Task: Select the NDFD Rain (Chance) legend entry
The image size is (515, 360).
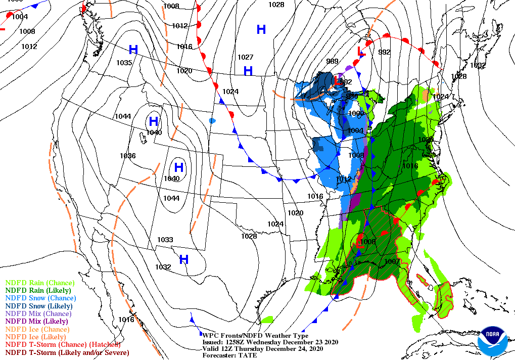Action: pyautogui.click(x=40, y=283)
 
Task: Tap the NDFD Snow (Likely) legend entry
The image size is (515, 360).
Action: pyautogui.click(x=39, y=306)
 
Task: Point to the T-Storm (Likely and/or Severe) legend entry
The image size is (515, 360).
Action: pyautogui.click(x=67, y=352)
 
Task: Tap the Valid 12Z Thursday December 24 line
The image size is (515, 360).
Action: pyautogui.click(x=259, y=348)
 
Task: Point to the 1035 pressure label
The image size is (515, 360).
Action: pyautogui.click(x=123, y=63)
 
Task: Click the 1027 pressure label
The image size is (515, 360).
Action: pyautogui.click(x=246, y=57)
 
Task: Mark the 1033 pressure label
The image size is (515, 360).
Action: pyautogui.click(x=165, y=240)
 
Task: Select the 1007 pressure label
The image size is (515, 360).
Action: pyautogui.click(x=392, y=261)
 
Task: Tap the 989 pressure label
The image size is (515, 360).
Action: pyautogui.click(x=332, y=61)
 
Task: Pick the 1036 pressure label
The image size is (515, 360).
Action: pyautogui.click(x=128, y=156)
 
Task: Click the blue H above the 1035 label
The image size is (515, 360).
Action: pyautogui.click(x=133, y=50)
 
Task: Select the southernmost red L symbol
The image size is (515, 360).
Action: pyautogui.click(x=360, y=243)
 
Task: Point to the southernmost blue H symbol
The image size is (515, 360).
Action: pyautogui.click(x=184, y=259)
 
